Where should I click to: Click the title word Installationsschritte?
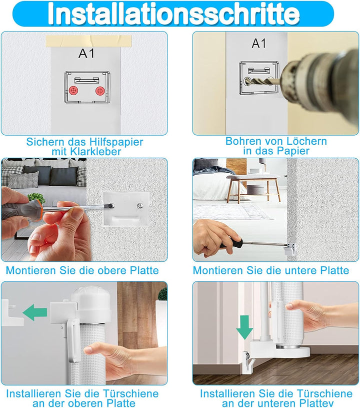173,14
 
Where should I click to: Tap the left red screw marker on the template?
73,91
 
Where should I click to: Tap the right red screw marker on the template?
100,91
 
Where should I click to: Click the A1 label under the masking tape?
86,54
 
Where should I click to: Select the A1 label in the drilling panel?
259,44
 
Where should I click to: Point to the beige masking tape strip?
88,41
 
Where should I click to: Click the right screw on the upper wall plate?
140,206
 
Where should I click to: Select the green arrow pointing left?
35,312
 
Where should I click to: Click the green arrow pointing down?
244,327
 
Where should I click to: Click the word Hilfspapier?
116,142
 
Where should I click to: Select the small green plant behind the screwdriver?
36,198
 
